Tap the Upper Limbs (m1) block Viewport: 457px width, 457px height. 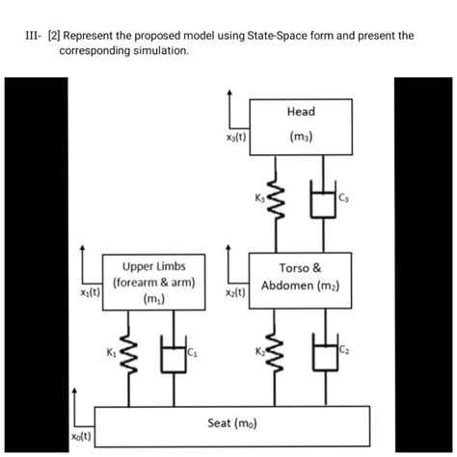(x=153, y=282)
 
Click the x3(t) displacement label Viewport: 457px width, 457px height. (x=233, y=138)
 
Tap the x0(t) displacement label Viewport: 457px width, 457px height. (x=81, y=439)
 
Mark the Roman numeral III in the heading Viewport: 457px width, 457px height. (x=32, y=35)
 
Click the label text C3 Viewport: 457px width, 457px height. (x=342, y=200)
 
